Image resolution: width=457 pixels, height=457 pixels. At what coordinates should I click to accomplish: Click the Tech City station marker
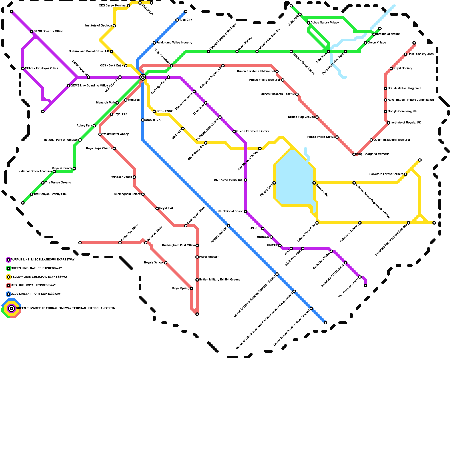(177, 20)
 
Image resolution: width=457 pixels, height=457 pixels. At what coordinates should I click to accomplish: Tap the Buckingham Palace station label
(127, 194)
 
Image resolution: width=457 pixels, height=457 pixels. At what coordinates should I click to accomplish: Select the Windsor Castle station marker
(134, 177)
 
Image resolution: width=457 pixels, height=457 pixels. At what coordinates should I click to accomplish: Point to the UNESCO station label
(263, 237)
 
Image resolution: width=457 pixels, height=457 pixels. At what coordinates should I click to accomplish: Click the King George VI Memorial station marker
(354, 154)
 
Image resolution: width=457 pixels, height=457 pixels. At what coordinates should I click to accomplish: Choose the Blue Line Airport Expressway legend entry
(36, 294)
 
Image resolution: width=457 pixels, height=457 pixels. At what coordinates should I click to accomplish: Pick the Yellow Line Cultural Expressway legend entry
(39, 277)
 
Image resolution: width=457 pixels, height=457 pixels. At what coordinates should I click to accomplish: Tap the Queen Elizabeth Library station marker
(234, 131)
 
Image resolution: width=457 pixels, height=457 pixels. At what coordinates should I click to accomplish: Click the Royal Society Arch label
(420, 54)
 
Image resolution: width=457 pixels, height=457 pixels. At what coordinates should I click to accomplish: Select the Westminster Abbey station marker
(100, 134)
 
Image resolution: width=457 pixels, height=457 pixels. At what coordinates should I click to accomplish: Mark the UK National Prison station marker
(246, 211)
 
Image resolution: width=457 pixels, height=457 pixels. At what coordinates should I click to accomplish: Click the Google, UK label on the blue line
(153, 120)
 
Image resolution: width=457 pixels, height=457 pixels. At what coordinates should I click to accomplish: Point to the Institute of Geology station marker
(114, 26)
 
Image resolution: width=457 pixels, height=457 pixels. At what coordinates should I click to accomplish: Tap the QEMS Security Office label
(48, 31)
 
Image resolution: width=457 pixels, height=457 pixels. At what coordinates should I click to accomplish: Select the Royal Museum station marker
(197, 257)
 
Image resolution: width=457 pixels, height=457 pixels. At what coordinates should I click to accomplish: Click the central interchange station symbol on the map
(143, 77)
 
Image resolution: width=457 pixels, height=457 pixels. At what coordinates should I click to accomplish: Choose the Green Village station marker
(366, 43)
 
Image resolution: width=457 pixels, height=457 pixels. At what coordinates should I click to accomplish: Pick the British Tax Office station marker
(120, 243)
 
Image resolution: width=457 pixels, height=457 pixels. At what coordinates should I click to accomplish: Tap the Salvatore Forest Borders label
(386, 174)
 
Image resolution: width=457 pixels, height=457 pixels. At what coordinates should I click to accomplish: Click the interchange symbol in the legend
(11, 308)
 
